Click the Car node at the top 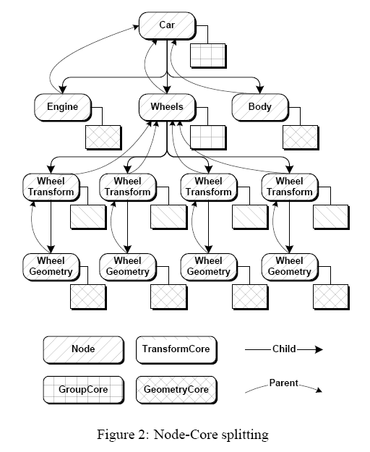[167, 25]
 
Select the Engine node [63, 107]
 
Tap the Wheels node [167, 107]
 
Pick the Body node [260, 107]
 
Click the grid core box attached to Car [208, 56]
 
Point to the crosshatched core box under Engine [103, 137]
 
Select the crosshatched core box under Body [301, 137]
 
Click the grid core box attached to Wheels [208, 137]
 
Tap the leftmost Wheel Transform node [51, 187]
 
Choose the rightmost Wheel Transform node [291, 187]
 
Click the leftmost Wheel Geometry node [51, 267]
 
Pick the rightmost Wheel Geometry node [291, 267]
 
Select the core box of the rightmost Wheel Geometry [331, 297]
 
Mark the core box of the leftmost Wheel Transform [88, 218]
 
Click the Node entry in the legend [84, 350]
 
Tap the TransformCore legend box [176, 350]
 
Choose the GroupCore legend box [84, 390]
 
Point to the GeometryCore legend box [176, 390]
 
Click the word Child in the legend [284, 349]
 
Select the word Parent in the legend [283, 383]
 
